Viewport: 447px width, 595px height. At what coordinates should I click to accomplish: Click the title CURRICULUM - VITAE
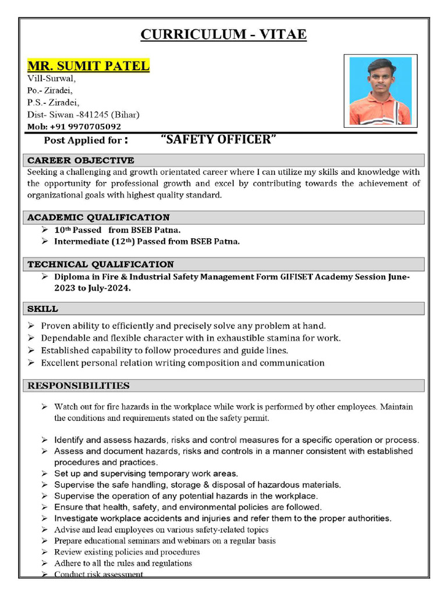pyautogui.click(x=223, y=35)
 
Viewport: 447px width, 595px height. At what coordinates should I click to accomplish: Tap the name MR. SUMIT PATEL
pyautogui.click(x=88, y=66)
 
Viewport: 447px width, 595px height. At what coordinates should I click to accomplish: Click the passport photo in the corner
pyautogui.click(x=380, y=90)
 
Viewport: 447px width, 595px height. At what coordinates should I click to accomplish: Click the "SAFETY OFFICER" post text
pyautogui.click(x=218, y=139)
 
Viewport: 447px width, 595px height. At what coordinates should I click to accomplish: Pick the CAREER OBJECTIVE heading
pyautogui.click(x=81, y=160)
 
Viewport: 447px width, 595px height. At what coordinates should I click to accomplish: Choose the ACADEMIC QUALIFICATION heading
pyautogui.click(x=98, y=217)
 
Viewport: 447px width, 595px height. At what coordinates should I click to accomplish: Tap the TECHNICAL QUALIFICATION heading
pyautogui.click(x=101, y=264)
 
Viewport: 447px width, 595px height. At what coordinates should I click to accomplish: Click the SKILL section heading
pyautogui.click(x=42, y=309)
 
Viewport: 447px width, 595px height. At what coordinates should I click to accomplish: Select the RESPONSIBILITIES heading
pyautogui.click(x=79, y=385)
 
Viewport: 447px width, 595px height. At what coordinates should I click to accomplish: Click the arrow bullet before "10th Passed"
pyautogui.click(x=45, y=230)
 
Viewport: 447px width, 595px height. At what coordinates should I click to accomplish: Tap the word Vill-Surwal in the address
pyautogui.click(x=51, y=78)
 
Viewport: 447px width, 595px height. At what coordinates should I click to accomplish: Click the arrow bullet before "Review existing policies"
pyautogui.click(x=45, y=552)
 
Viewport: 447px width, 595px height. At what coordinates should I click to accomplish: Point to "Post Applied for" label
pyautogui.click(x=83, y=141)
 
